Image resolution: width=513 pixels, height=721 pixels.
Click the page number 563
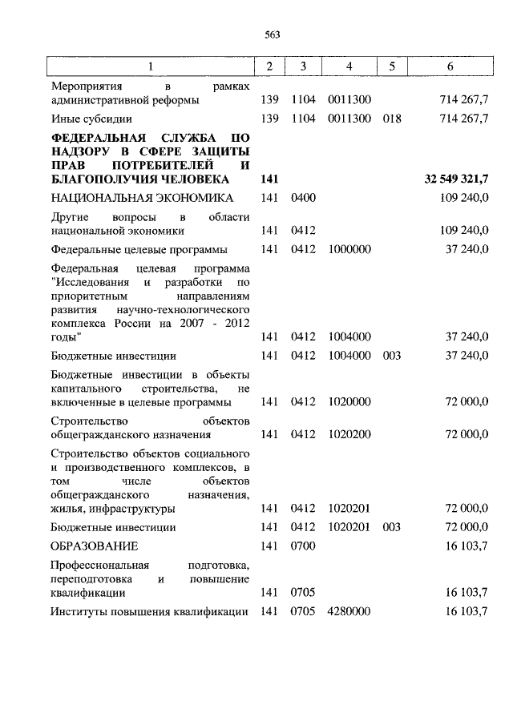(271, 34)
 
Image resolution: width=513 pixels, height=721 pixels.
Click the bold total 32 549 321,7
(456, 179)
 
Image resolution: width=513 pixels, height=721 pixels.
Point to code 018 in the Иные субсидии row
(392, 119)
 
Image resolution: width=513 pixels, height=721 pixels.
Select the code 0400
(304, 198)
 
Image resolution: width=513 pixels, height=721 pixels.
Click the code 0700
(304, 546)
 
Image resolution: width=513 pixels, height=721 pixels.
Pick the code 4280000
(349, 611)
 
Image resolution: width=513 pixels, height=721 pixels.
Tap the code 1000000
(349, 250)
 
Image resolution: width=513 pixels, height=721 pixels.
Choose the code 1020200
(349, 435)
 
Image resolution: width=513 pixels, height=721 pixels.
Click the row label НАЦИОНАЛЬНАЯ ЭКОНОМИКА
(142, 198)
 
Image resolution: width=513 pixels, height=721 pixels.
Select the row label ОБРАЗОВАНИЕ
(94, 546)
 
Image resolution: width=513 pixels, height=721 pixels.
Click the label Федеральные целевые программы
(138, 250)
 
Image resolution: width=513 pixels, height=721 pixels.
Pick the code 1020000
(349, 402)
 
